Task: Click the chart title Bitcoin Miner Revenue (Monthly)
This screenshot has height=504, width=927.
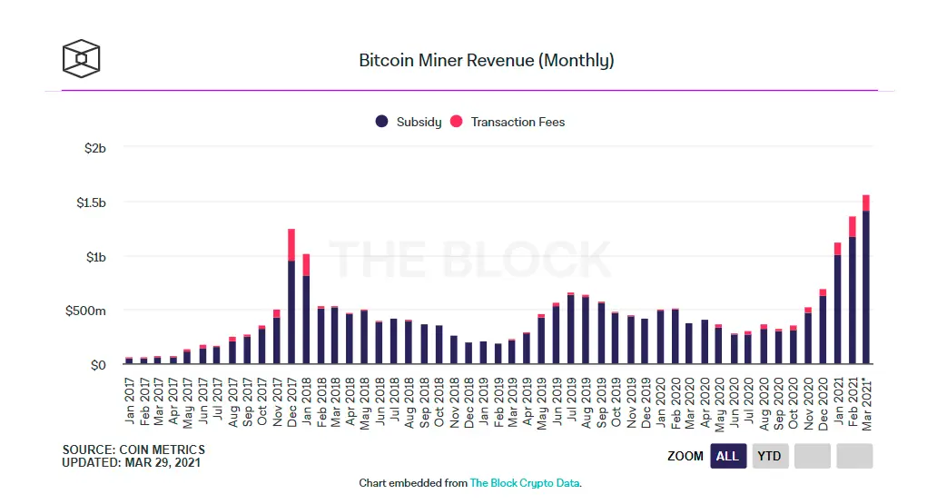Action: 487,61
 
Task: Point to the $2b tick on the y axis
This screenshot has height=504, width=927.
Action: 94,148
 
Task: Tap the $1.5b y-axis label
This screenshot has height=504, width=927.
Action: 91,203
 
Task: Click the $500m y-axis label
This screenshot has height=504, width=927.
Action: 87,311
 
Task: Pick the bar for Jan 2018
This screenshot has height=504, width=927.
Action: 306,318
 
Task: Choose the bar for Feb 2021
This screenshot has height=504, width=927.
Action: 852,300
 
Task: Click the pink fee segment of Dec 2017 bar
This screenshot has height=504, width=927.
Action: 291,244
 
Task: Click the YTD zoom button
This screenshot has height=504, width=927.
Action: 769,456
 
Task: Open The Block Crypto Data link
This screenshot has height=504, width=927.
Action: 524,483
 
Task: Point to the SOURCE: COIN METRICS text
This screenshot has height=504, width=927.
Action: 133,450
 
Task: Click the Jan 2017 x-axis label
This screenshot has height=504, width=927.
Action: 129,400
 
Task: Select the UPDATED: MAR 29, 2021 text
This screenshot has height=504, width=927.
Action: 131,462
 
